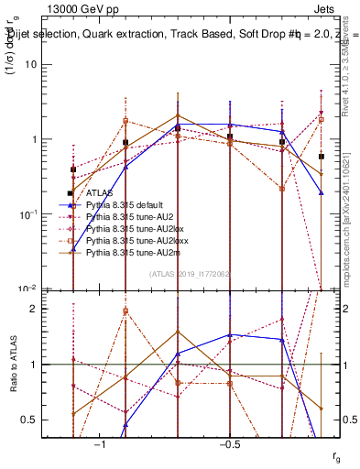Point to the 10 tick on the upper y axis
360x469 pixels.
click(x=32, y=65)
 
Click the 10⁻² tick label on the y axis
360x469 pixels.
click(x=28, y=289)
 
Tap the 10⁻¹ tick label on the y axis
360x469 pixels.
click(x=28, y=214)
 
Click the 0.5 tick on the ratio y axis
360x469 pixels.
click(x=31, y=420)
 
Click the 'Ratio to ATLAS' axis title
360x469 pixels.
click(x=11, y=364)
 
